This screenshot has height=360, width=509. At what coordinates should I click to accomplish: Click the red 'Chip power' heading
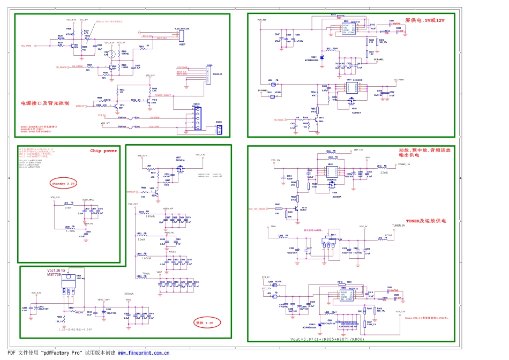(103, 151)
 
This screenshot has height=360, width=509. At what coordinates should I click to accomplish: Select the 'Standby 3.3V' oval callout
(63, 183)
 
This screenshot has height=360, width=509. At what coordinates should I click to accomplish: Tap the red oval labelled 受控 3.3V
(204, 323)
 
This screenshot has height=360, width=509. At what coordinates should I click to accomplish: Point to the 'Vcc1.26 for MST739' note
(56, 272)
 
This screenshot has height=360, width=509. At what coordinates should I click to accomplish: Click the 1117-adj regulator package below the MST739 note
(69, 284)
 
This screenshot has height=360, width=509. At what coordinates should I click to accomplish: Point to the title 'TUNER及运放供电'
(426, 220)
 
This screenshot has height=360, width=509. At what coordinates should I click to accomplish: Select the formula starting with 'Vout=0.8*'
(327, 340)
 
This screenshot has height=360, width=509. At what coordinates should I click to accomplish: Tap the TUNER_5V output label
(400, 226)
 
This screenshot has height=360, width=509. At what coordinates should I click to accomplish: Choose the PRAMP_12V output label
(403, 164)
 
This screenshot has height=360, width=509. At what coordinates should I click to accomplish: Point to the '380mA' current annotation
(129, 294)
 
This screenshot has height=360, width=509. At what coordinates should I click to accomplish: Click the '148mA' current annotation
(151, 217)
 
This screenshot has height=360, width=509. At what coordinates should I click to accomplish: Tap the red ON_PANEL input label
(278, 120)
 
